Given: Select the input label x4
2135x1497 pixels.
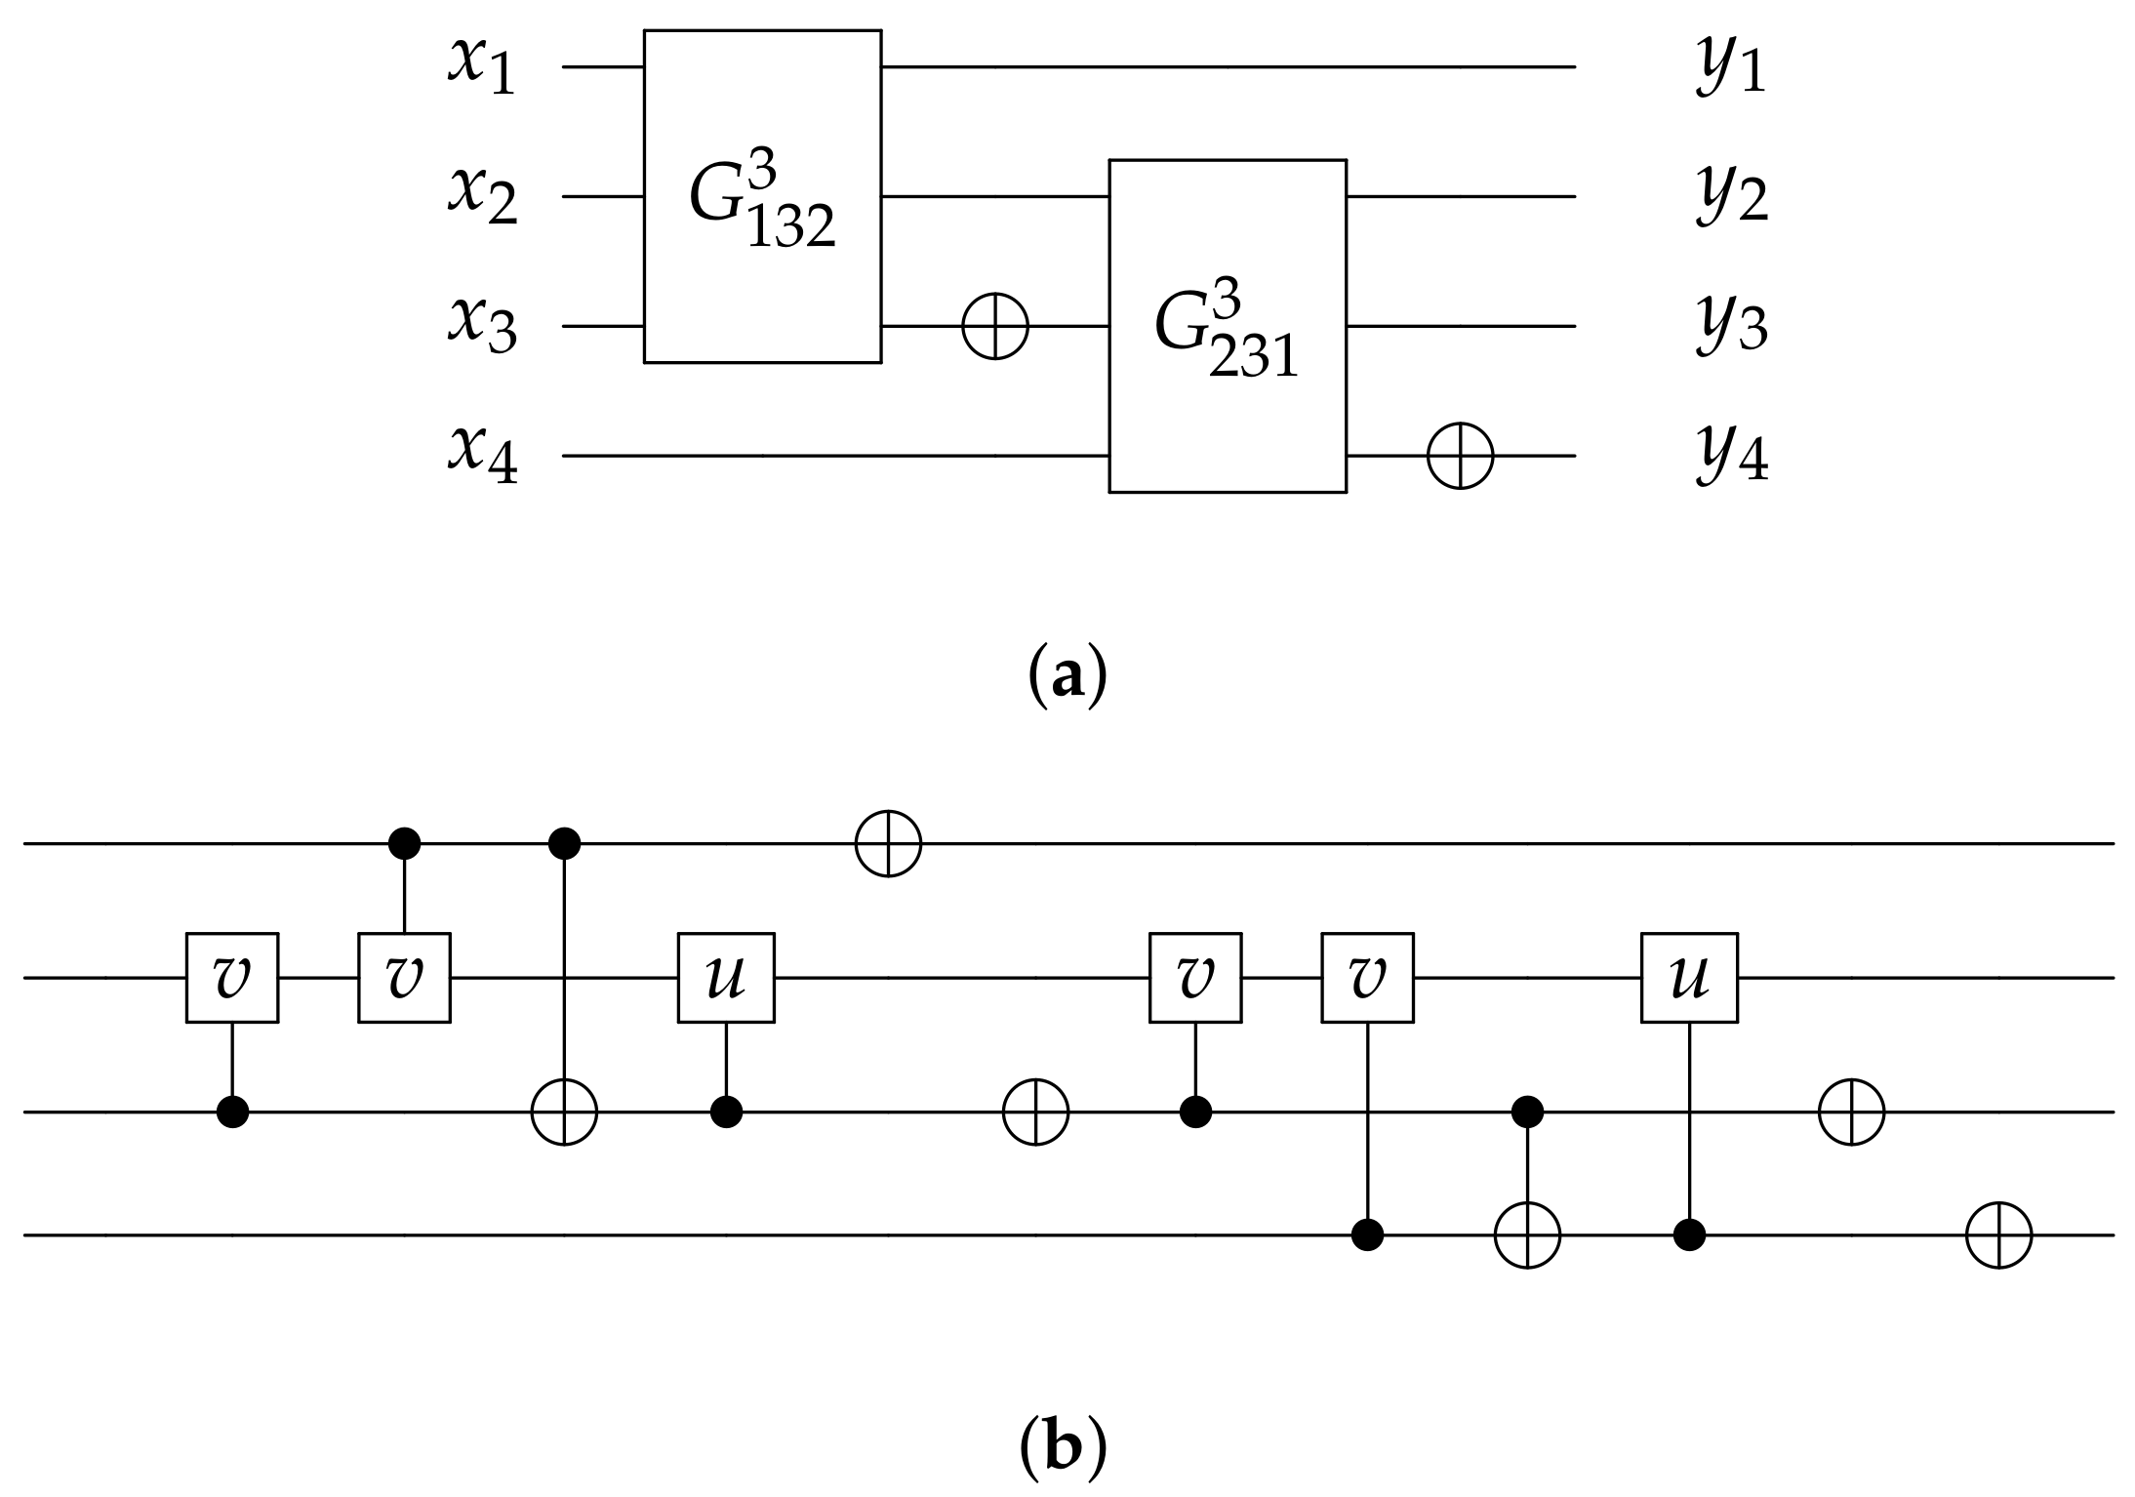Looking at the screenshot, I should (x=481, y=456).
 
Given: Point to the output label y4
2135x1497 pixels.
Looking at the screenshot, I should (x=1731, y=456).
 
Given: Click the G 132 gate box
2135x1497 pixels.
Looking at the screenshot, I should (x=762, y=196).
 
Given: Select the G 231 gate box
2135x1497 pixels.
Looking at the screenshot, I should (x=1227, y=326).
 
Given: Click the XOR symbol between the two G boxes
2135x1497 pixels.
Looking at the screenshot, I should (x=995, y=326).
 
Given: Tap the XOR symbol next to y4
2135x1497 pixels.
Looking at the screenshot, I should (x=1460, y=456).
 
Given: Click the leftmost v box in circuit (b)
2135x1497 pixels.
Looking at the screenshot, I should (x=232, y=978).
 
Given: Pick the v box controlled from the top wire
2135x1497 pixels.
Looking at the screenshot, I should (x=404, y=978).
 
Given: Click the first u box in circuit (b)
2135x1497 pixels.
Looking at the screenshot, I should (x=726, y=978).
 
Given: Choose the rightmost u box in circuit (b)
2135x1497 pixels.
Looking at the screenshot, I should (x=1688, y=978).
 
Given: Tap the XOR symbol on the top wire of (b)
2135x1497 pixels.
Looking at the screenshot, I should (x=888, y=843).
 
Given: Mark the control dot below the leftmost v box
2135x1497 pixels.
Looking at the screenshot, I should (x=232, y=1112).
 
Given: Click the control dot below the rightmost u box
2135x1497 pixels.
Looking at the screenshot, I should (x=1689, y=1235).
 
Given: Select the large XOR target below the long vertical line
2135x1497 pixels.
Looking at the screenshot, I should (x=564, y=1112).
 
